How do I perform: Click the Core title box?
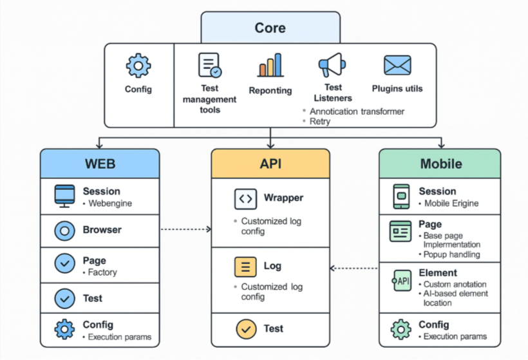[270, 28]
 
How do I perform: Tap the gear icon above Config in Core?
[138, 66]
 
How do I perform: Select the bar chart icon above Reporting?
[270, 66]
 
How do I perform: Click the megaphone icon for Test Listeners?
[332, 66]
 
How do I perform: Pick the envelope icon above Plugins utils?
[397, 66]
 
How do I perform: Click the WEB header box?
[100, 164]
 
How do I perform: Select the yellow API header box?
[270, 164]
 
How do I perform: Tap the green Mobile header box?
[440, 164]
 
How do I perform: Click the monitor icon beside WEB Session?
[64, 195]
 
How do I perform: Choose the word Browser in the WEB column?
[102, 230]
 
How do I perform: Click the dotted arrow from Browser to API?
[185, 229]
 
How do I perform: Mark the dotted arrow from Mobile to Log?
[354, 268]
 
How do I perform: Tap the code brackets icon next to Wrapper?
[245, 199]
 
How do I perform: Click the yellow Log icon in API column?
[245, 266]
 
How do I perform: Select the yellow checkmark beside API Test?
[245, 329]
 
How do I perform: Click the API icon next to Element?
[402, 281]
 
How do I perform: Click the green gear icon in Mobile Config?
[401, 330]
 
